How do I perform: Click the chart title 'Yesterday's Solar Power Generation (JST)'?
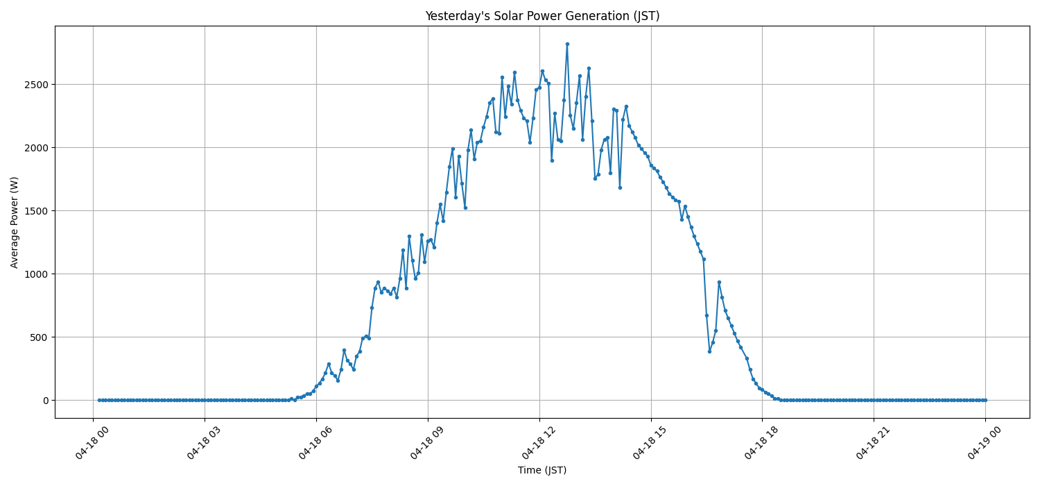pyautogui.click(x=542, y=16)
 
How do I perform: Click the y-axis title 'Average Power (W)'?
pyautogui.click(x=15, y=222)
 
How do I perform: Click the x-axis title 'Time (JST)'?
pyautogui.click(x=542, y=470)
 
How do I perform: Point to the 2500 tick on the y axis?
pyautogui.click(x=38, y=85)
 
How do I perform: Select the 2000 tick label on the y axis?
pyautogui.click(x=38, y=148)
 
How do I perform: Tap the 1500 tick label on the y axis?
pyautogui.click(x=38, y=211)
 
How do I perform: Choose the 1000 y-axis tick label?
pyautogui.click(x=38, y=274)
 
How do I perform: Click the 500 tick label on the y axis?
pyautogui.click(x=41, y=337)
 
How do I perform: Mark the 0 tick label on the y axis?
pyautogui.click(x=46, y=401)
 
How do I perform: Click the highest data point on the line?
pyautogui.click(x=567, y=44)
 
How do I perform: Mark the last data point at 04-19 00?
pyautogui.click(x=985, y=400)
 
